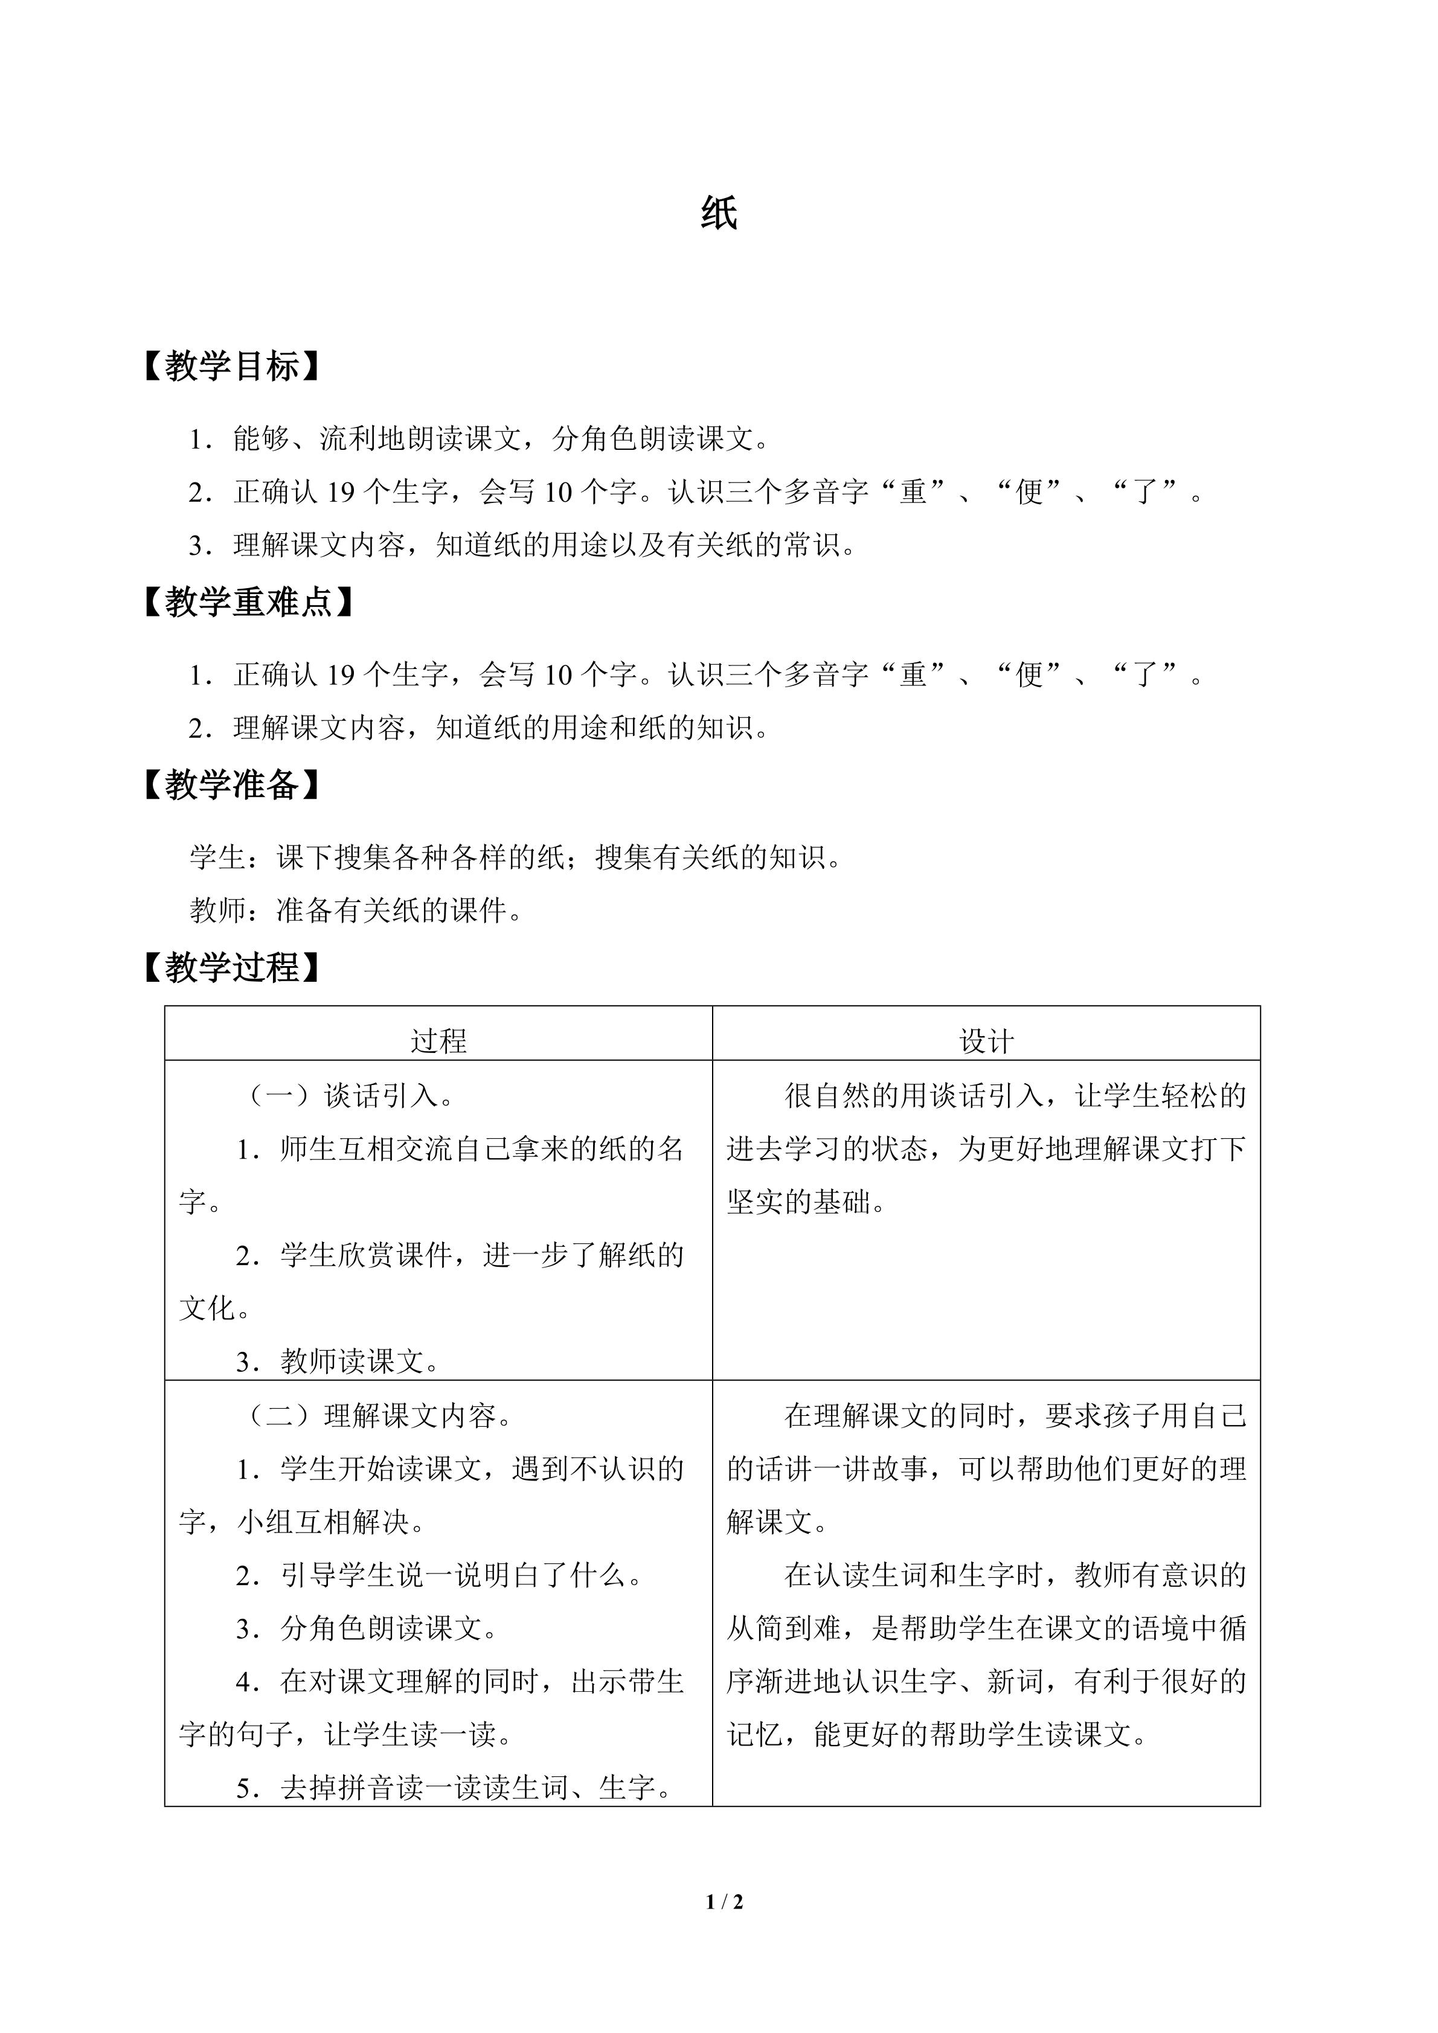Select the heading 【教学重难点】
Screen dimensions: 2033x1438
click(248, 602)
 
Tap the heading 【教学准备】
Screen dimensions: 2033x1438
click(231, 784)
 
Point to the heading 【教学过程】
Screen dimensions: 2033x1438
click(231, 968)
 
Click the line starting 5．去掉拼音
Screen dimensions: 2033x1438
click(454, 1788)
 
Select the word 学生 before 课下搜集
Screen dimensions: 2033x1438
click(217, 857)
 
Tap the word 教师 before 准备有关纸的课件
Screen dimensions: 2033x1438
click(217, 911)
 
